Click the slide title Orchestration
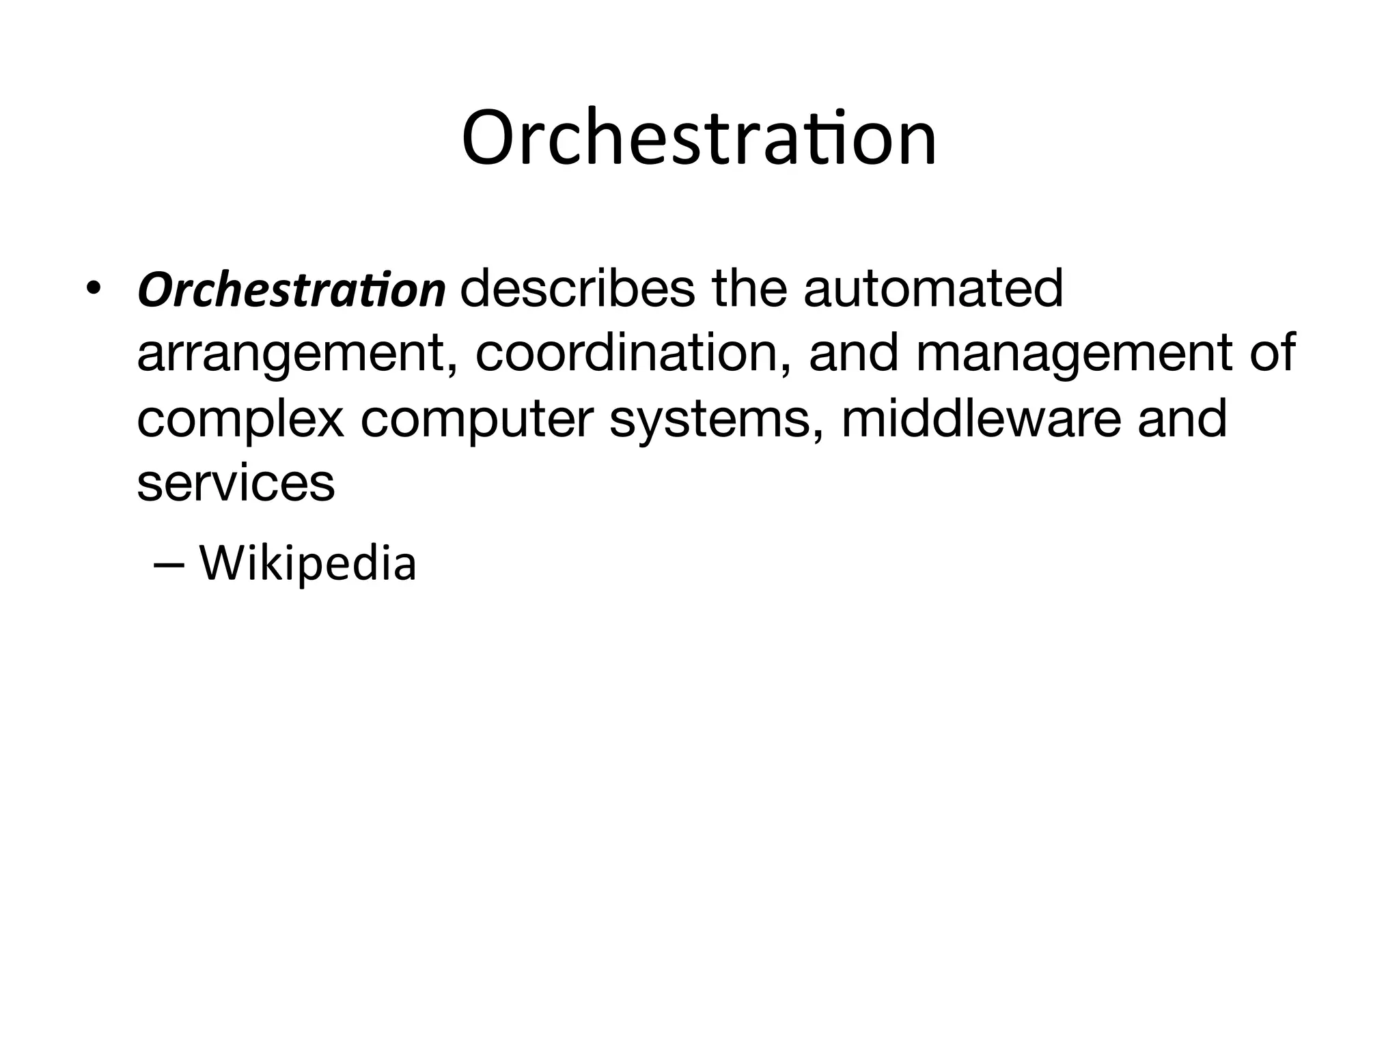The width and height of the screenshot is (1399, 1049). pyautogui.click(x=699, y=139)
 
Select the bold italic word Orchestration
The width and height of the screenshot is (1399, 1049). pyautogui.click(x=292, y=290)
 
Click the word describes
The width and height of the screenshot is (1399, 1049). pyautogui.click(x=577, y=288)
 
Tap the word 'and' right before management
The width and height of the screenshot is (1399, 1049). pyautogui.click(x=853, y=353)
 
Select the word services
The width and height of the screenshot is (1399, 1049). pyautogui.click(x=236, y=484)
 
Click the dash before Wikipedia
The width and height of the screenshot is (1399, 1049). pyautogui.click(x=169, y=565)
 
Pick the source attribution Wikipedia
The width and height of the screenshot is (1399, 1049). pyautogui.click(x=307, y=564)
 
